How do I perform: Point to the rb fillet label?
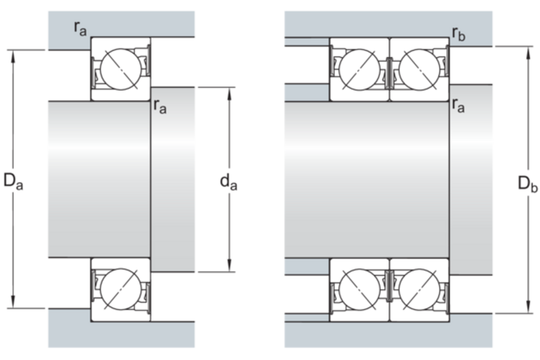click(459, 33)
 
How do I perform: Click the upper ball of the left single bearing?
click(117, 69)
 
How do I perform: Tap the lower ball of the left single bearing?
click(117, 290)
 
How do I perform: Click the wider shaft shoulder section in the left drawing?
click(172, 179)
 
